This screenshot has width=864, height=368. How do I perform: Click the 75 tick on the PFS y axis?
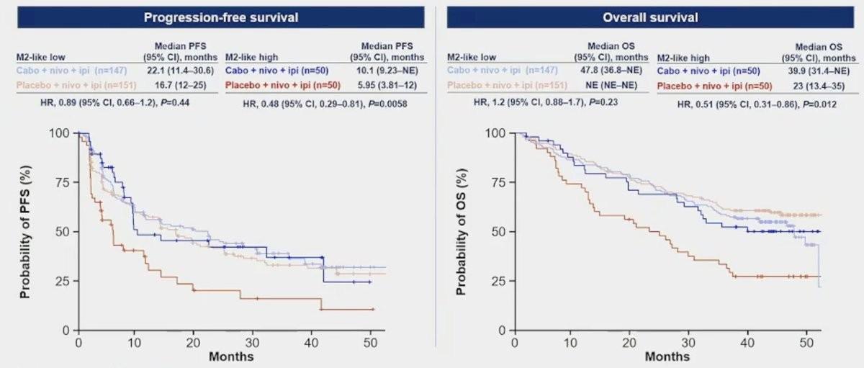point(65,182)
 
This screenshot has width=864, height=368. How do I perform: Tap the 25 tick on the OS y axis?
point(500,281)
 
